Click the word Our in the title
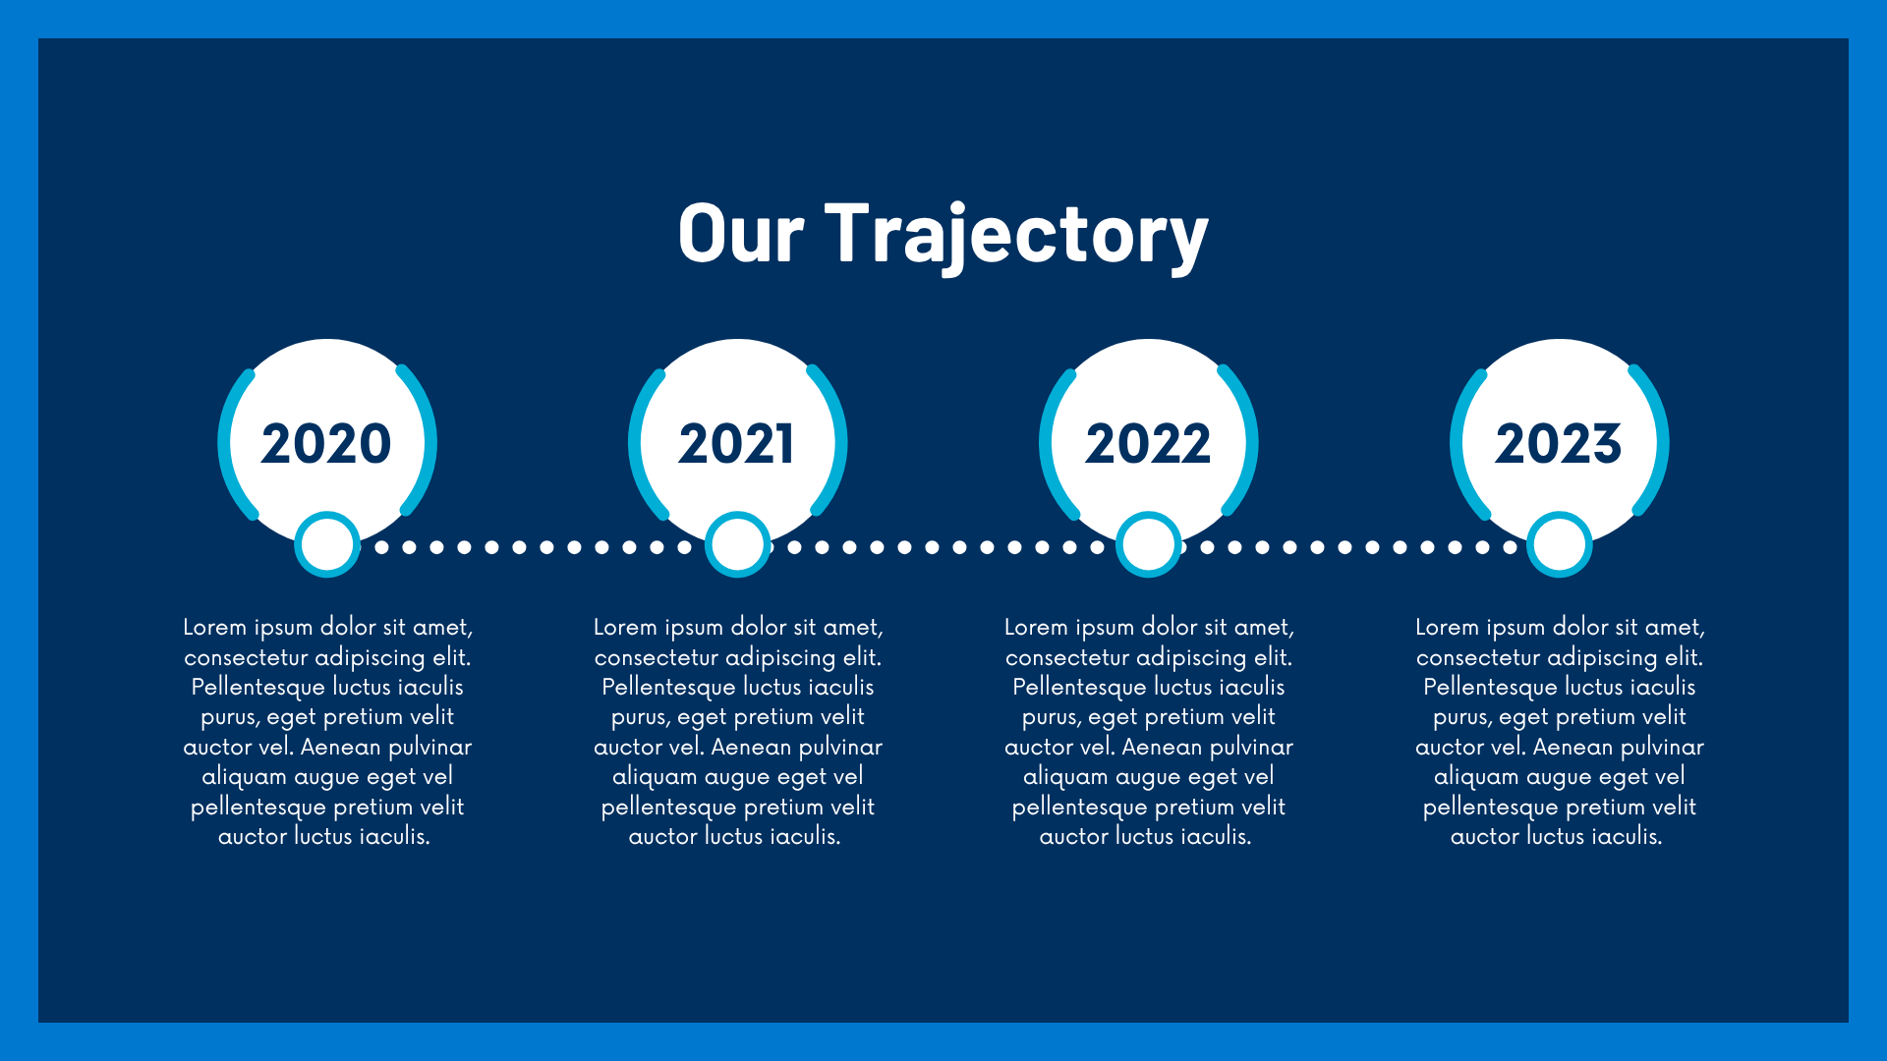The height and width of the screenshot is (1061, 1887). pos(741,233)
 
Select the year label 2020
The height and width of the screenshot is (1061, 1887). pos(326,443)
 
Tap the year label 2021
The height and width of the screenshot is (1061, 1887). pos(736,443)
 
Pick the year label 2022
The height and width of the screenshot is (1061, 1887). pos(1148,443)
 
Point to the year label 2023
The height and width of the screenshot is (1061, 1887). pos(1559,443)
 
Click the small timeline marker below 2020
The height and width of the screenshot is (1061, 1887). pos(327,544)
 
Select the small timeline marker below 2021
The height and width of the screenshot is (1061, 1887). pos(738,544)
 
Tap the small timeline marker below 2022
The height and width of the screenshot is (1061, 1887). pos(1149,544)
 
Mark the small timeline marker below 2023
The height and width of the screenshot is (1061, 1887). pos(1560,544)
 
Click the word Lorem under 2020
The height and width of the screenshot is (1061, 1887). pos(214,627)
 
